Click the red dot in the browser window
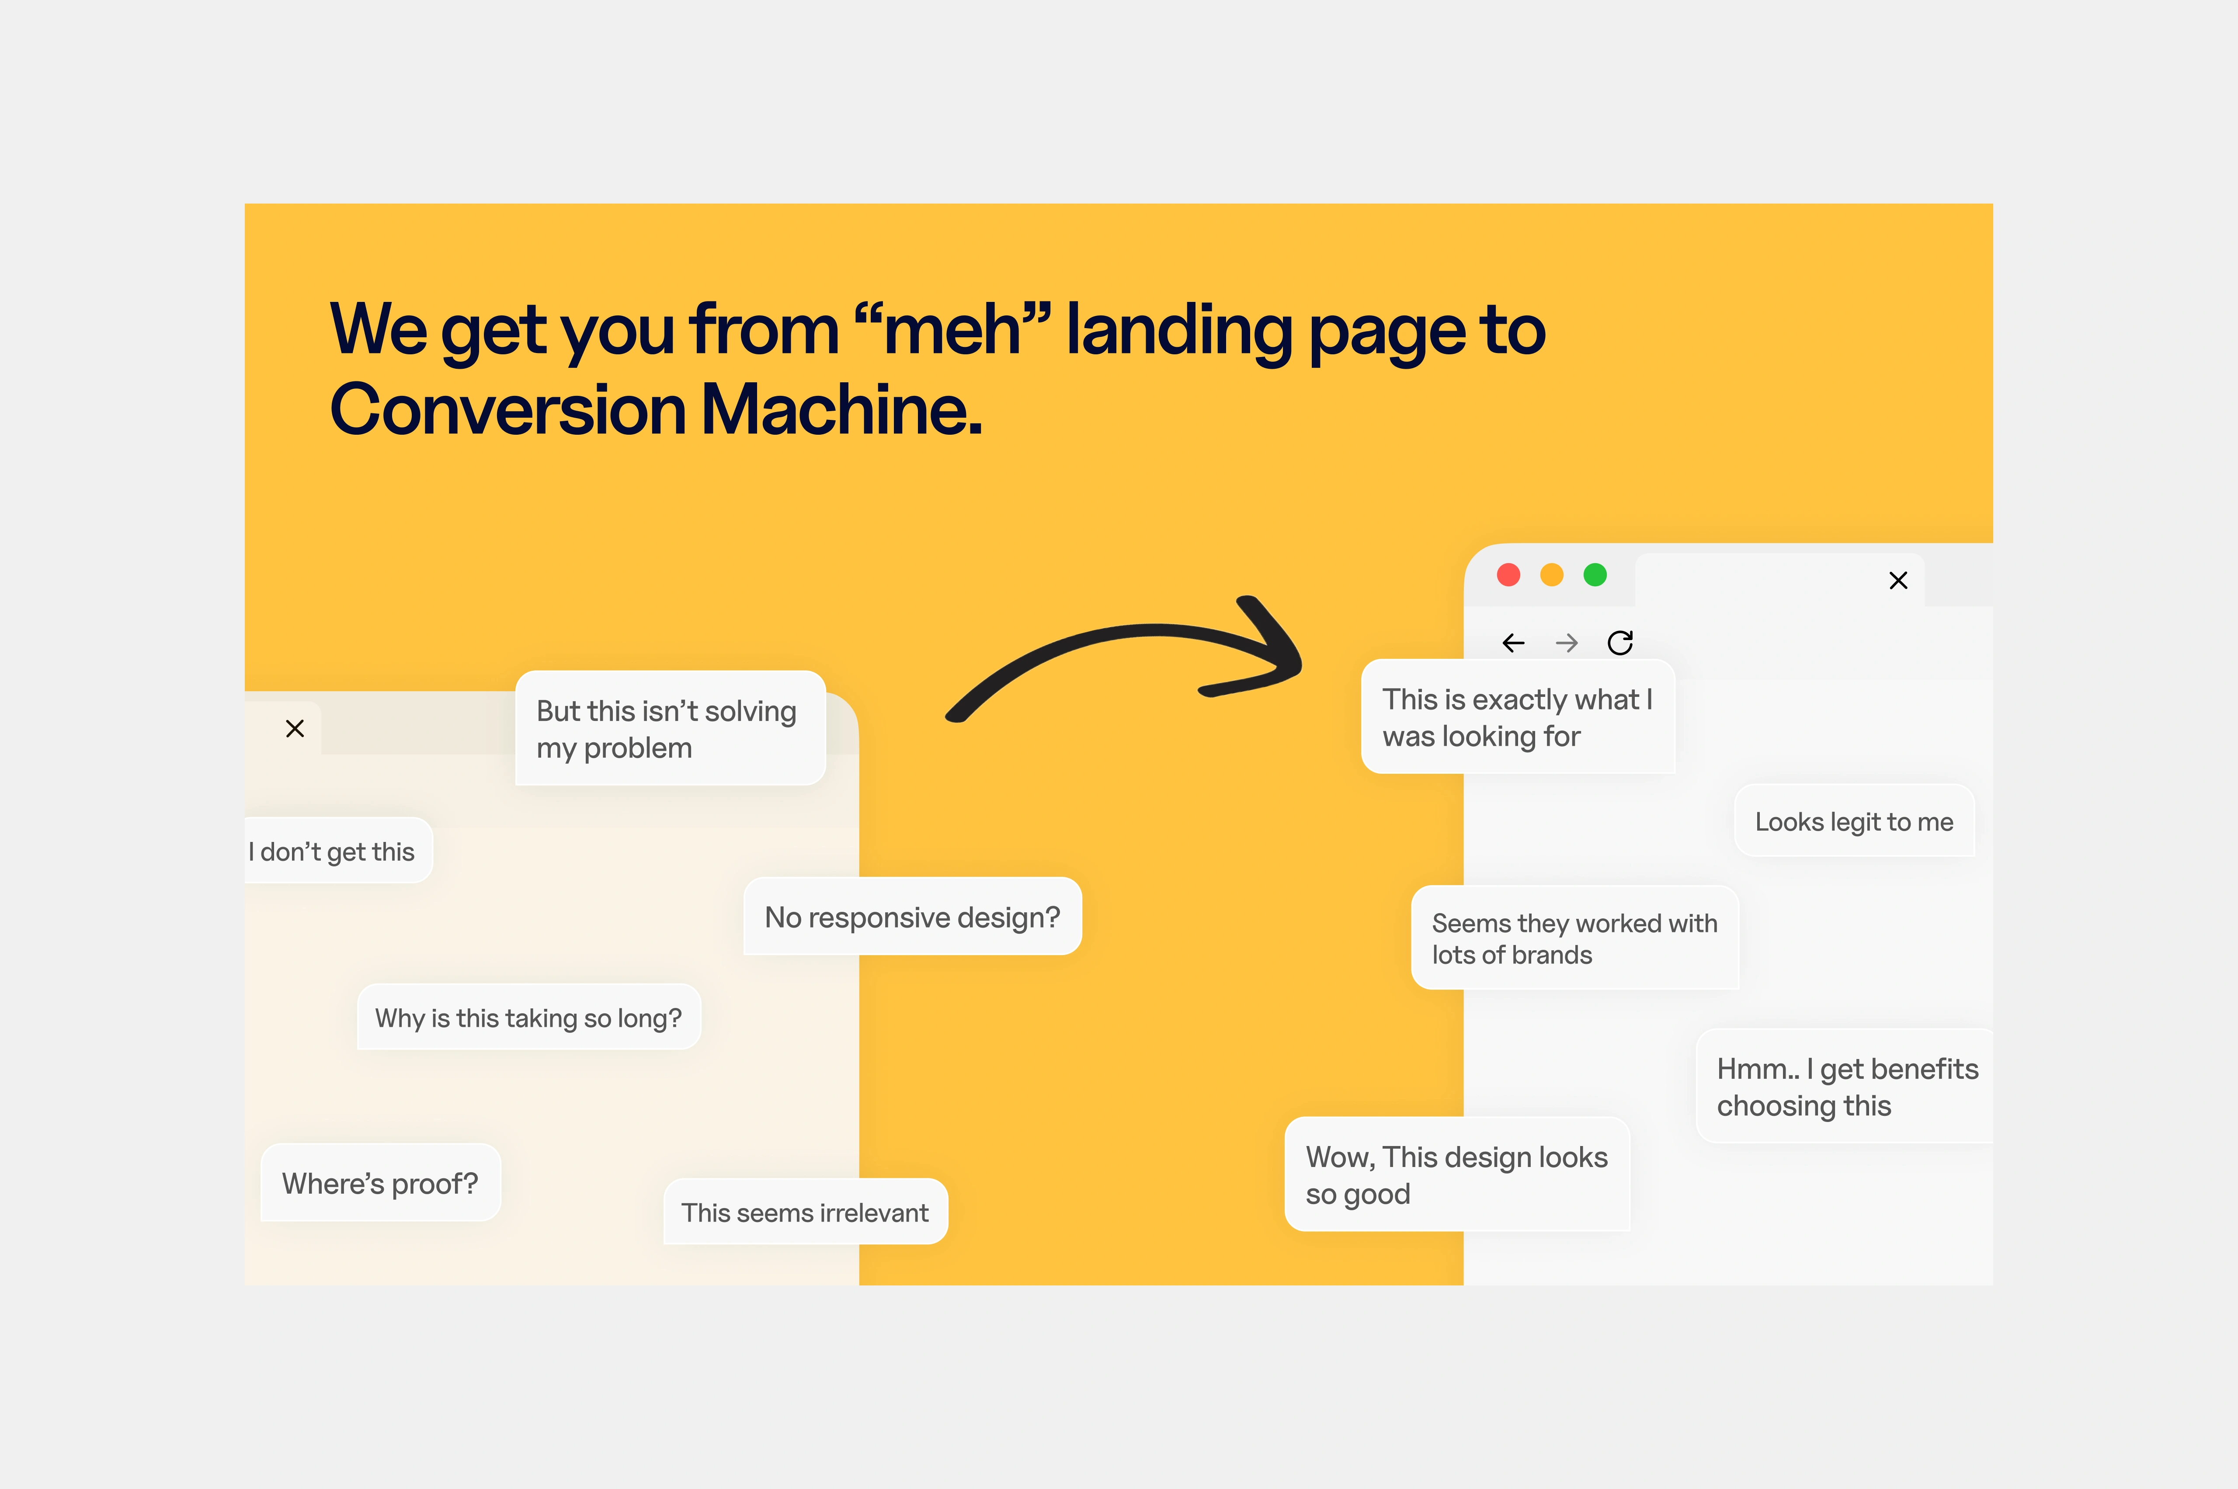pos(1508,575)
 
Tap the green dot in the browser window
pos(1595,575)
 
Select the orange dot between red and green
pos(1551,575)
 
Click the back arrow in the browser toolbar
pos(1513,643)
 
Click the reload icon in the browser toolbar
pos(1619,643)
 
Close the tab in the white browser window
pos(1898,580)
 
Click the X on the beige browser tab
pos(295,728)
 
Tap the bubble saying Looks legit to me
pos(1854,821)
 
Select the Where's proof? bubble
pos(380,1182)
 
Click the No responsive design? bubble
pos(912,916)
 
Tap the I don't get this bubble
pos(337,851)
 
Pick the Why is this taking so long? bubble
pos(528,1017)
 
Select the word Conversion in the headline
pos(507,409)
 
